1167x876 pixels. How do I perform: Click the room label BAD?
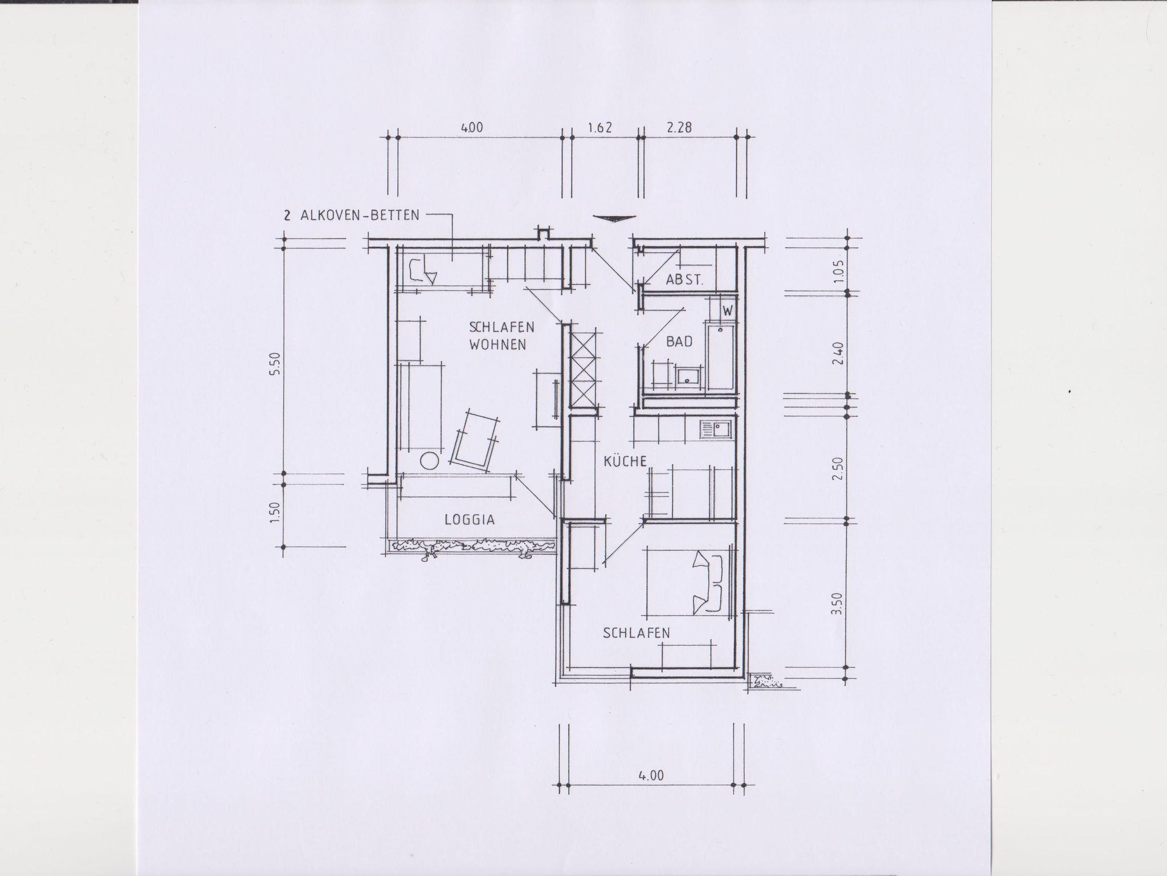tap(679, 342)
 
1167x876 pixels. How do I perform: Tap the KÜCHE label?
tap(625, 461)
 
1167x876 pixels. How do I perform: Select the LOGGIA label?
tap(470, 519)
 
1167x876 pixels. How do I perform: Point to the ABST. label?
tap(685, 280)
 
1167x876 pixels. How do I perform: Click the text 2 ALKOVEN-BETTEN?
tap(350, 215)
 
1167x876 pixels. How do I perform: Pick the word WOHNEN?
tap(497, 345)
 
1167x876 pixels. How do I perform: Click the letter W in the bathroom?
tap(728, 311)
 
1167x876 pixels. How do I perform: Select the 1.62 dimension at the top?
tap(599, 128)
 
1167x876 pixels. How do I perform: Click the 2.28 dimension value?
tap(679, 128)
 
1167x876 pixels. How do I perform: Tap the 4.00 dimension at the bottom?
tap(651, 776)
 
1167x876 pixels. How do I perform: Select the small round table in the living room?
tap(429, 460)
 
